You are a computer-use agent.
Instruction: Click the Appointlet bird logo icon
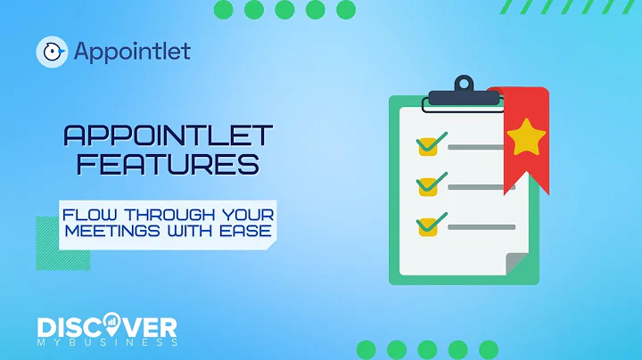point(53,52)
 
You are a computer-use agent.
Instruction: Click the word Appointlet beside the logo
point(131,51)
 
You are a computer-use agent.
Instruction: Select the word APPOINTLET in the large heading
point(168,136)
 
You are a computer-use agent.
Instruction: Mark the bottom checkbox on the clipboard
point(429,226)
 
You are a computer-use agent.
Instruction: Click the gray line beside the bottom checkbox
point(481,227)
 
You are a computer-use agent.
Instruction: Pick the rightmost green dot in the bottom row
point(489,349)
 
